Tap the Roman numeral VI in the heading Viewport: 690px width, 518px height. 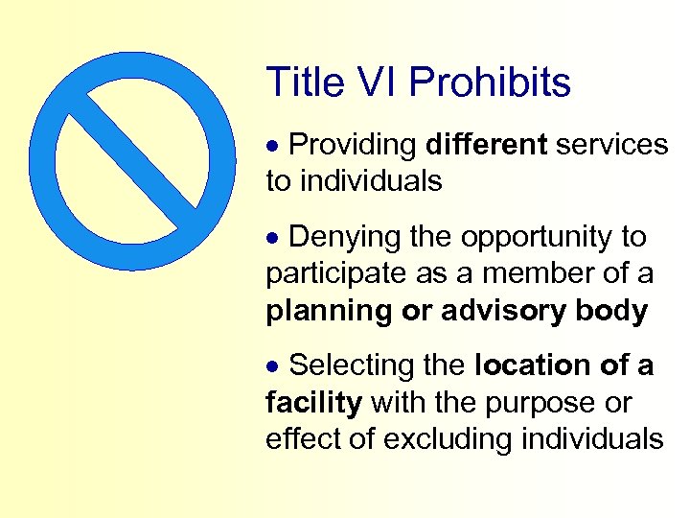[372, 82]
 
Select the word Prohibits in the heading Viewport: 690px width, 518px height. [490, 82]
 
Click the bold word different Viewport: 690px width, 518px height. [486, 145]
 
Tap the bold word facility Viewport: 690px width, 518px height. [313, 403]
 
